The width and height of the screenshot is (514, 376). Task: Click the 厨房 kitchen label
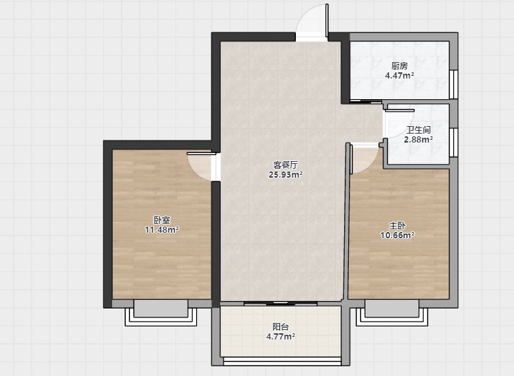tap(399, 66)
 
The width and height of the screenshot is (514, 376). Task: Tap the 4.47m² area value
tap(399, 76)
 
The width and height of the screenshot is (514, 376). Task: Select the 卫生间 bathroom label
tap(418, 130)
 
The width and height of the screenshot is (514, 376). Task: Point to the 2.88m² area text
tap(418, 139)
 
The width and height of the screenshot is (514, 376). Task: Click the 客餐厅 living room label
tap(286, 165)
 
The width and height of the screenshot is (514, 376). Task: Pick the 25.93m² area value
tap(286, 174)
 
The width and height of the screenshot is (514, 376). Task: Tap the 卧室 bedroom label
tap(162, 220)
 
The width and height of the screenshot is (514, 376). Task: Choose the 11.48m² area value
tap(162, 230)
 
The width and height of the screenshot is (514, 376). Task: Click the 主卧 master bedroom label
tap(397, 226)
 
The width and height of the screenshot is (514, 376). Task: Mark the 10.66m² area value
tap(397, 236)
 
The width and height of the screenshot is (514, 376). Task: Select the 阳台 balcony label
tap(281, 327)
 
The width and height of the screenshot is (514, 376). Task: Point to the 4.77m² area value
tap(281, 337)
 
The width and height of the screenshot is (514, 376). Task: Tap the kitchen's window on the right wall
tap(453, 84)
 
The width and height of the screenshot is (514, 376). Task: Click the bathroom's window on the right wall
tap(453, 143)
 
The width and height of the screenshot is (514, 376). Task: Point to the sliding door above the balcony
tap(281, 304)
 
